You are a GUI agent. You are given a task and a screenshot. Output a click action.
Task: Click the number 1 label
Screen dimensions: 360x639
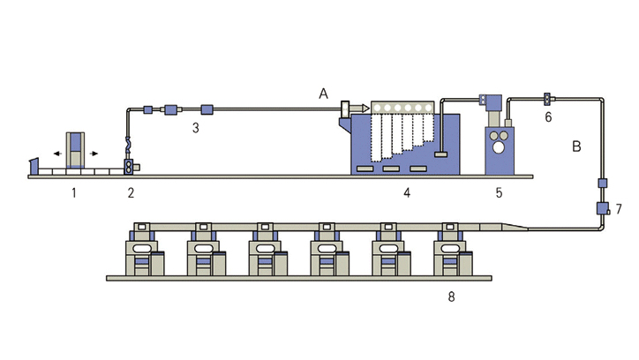coord(75,191)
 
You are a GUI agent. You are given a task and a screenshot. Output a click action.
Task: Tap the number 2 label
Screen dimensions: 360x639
coord(131,191)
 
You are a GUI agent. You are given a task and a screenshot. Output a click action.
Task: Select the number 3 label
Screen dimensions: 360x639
coord(197,128)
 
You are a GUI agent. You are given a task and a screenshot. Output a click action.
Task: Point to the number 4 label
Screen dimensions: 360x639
coord(406,191)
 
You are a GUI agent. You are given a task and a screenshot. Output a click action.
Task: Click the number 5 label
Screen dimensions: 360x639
coord(499,191)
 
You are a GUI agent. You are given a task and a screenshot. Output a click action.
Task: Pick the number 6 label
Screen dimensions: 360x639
coord(547,116)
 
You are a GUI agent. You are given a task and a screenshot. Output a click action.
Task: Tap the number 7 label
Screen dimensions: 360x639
coord(619,209)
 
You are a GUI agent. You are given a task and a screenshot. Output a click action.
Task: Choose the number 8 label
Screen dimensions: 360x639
coord(451,296)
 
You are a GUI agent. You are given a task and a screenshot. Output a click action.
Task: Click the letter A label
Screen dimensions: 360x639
coord(324,94)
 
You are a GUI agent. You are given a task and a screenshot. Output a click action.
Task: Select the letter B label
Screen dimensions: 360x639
coord(576,146)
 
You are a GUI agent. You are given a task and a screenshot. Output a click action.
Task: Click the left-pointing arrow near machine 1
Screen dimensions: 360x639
coord(57,153)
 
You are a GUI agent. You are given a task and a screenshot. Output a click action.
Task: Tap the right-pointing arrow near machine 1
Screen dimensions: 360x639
coord(94,153)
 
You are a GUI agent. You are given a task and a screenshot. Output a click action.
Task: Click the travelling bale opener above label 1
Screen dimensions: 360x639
coord(76,149)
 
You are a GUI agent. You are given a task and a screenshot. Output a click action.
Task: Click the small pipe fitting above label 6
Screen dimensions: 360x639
coord(547,98)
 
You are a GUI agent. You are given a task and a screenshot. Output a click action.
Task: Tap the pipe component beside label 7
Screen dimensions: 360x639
coord(603,209)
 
